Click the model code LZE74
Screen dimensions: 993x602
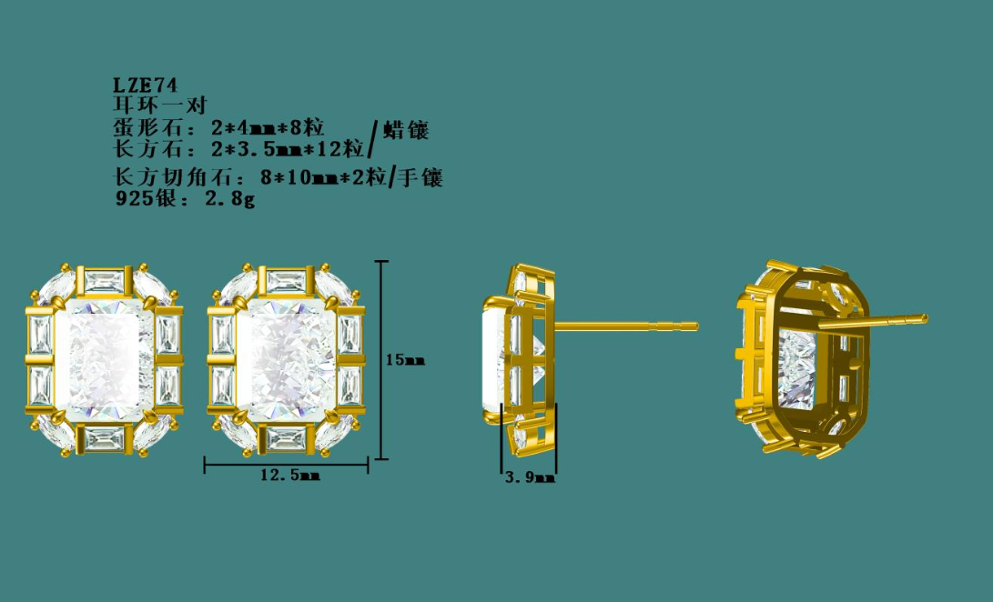145,85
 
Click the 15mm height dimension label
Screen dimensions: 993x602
405,360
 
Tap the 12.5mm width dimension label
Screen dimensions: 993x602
290,475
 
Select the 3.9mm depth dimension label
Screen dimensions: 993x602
530,478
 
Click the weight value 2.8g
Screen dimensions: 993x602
229,199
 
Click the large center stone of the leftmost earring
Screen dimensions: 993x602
105,360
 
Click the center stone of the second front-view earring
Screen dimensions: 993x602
286,360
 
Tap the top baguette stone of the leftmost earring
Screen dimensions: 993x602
105,280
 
